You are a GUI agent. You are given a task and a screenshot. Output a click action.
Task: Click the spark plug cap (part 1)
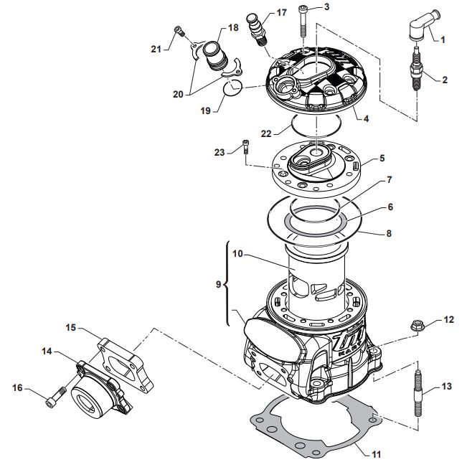tap(423, 25)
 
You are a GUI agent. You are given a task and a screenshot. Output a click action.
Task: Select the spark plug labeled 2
tap(417, 67)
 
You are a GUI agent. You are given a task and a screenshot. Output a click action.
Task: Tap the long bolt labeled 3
tap(303, 22)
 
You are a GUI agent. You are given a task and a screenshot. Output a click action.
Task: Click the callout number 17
tap(281, 12)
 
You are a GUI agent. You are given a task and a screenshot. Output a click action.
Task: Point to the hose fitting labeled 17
tap(257, 30)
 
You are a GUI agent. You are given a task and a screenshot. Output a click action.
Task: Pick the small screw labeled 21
tap(179, 31)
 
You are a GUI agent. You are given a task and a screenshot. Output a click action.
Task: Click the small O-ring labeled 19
tap(233, 88)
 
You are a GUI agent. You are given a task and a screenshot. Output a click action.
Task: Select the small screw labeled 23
tap(246, 146)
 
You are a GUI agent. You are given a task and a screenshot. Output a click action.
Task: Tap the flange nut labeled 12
tap(418, 326)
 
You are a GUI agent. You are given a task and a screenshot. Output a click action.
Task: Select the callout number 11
tap(377, 454)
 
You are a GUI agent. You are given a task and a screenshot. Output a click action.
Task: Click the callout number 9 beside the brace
tap(218, 285)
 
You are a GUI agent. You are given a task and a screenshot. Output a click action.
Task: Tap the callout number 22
tap(266, 133)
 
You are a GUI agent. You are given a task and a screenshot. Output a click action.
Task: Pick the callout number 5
tap(382, 158)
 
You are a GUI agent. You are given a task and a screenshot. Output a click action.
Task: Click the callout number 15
tap(71, 328)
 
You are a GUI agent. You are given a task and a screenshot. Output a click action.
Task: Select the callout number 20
tap(178, 94)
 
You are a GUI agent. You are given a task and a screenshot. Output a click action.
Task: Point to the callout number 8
tap(389, 233)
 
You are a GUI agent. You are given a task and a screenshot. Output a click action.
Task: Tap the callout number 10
tap(237, 254)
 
